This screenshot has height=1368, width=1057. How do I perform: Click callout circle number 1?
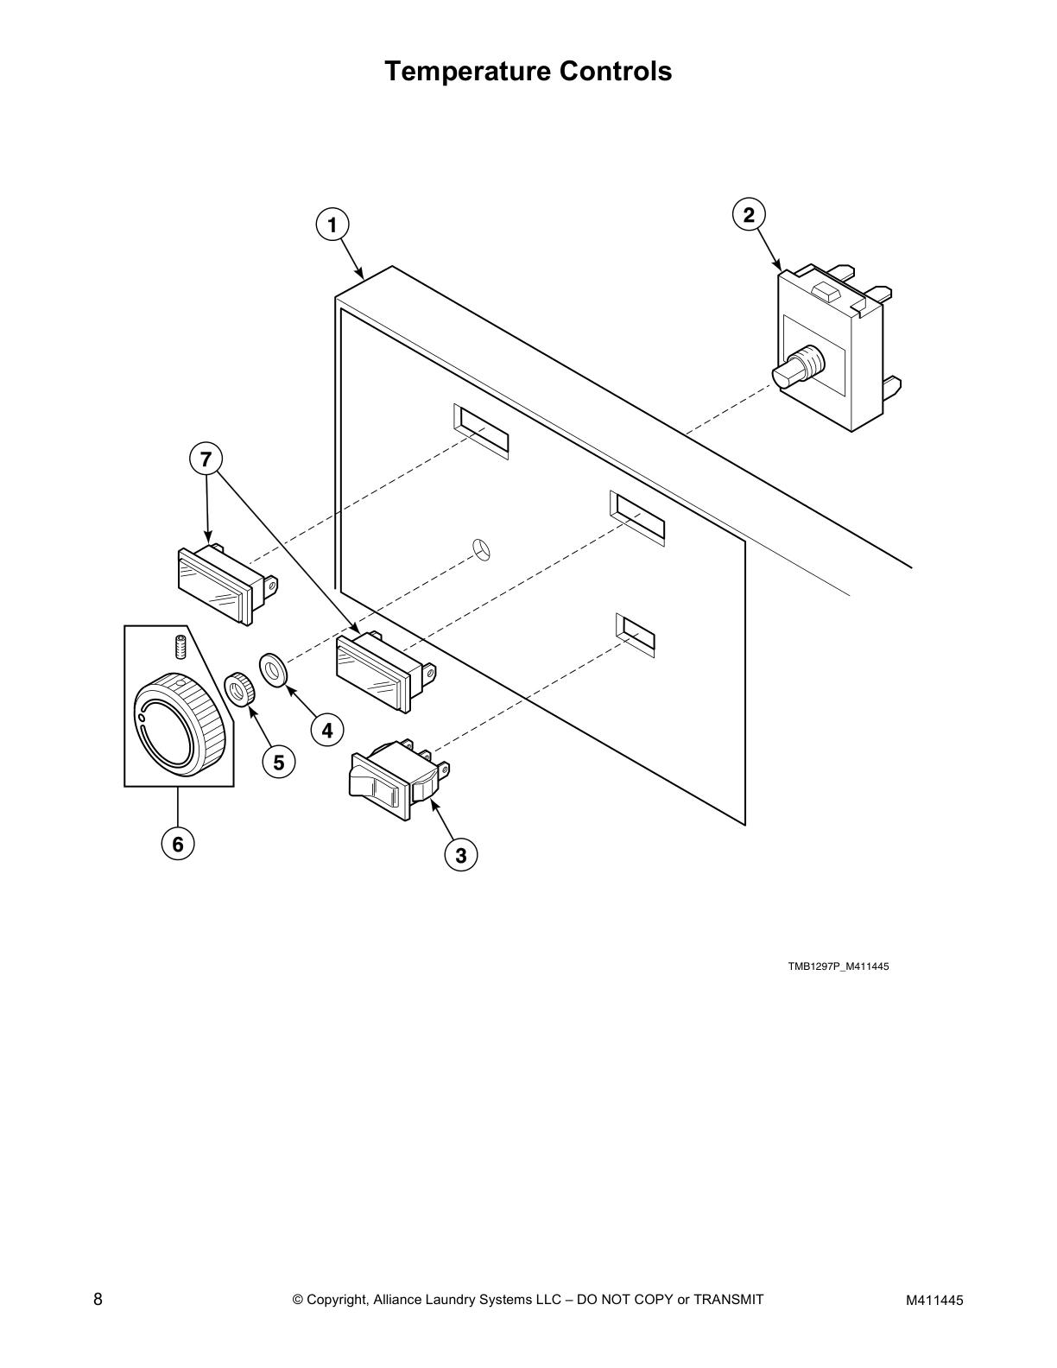(332, 225)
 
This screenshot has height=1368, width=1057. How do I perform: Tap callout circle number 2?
(749, 214)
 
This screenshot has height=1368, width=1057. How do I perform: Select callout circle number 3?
(460, 855)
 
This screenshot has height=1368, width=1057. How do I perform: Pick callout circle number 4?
(327, 731)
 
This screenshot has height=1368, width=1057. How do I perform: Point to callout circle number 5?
(279, 763)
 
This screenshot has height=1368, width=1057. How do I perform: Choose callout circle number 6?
(178, 844)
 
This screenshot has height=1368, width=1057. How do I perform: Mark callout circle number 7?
(206, 459)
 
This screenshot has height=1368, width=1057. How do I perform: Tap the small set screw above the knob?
(180, 644)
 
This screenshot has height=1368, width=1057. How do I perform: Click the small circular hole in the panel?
(483, 549)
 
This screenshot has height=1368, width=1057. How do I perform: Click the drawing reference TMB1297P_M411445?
(838, 966)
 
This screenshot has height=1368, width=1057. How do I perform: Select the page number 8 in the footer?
(98, 1299)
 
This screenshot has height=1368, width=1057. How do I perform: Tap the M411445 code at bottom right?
(934, 1300)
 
